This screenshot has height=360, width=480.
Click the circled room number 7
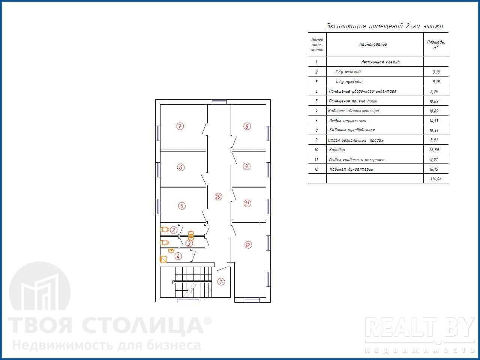pos(180,126)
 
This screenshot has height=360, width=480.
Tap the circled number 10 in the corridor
pos(218,197)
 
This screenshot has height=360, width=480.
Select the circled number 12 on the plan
pos(248,245)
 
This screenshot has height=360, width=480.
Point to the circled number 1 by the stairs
pos(221,282)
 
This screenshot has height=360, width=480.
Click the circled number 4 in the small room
pos(178,256)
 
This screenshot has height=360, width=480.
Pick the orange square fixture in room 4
pos(163,259)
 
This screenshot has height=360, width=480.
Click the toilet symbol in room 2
pos(165,229)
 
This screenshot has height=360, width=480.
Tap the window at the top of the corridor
pos(219,102)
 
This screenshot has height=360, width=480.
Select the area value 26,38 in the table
pos(434,150)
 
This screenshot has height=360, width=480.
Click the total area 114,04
pos(436,179)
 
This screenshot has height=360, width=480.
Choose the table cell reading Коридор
pos(337,150)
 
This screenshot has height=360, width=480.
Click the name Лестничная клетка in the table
pos(380,62)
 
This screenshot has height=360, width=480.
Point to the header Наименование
pos(373,44)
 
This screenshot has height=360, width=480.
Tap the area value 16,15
pos(434,169)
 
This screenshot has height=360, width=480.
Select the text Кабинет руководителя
pos(352,130)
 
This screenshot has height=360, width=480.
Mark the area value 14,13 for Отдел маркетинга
pos(434,121)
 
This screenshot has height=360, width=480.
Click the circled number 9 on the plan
pos(246,166)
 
